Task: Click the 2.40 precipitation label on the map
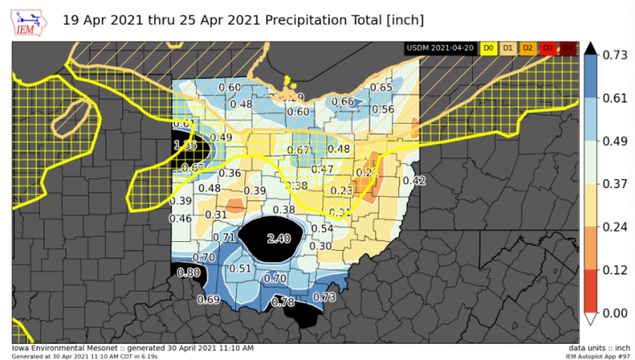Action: coord(278,238)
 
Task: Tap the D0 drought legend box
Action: coord(489,49)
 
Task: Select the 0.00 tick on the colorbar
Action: coord(612,313)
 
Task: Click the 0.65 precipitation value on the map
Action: coord(382,87)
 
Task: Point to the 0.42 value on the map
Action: coord(414,180)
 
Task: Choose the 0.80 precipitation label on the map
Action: coord(189,272)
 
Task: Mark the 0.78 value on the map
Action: coord(282,301)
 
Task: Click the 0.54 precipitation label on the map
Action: coord(322,229)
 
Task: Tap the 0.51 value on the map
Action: coord(240,268)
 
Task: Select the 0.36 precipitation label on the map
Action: coord(230,173)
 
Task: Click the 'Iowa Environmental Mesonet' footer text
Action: coord(65,348)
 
